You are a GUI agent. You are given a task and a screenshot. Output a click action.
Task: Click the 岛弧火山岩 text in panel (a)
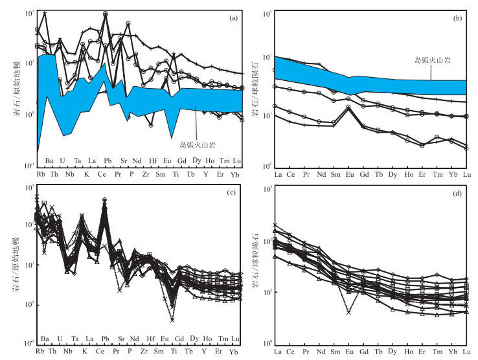[x=198, y=145]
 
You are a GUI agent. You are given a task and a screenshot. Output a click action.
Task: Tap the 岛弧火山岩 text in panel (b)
[x=432, y=60]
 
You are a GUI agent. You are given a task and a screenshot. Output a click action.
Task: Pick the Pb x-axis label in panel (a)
[x=107, y=160]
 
